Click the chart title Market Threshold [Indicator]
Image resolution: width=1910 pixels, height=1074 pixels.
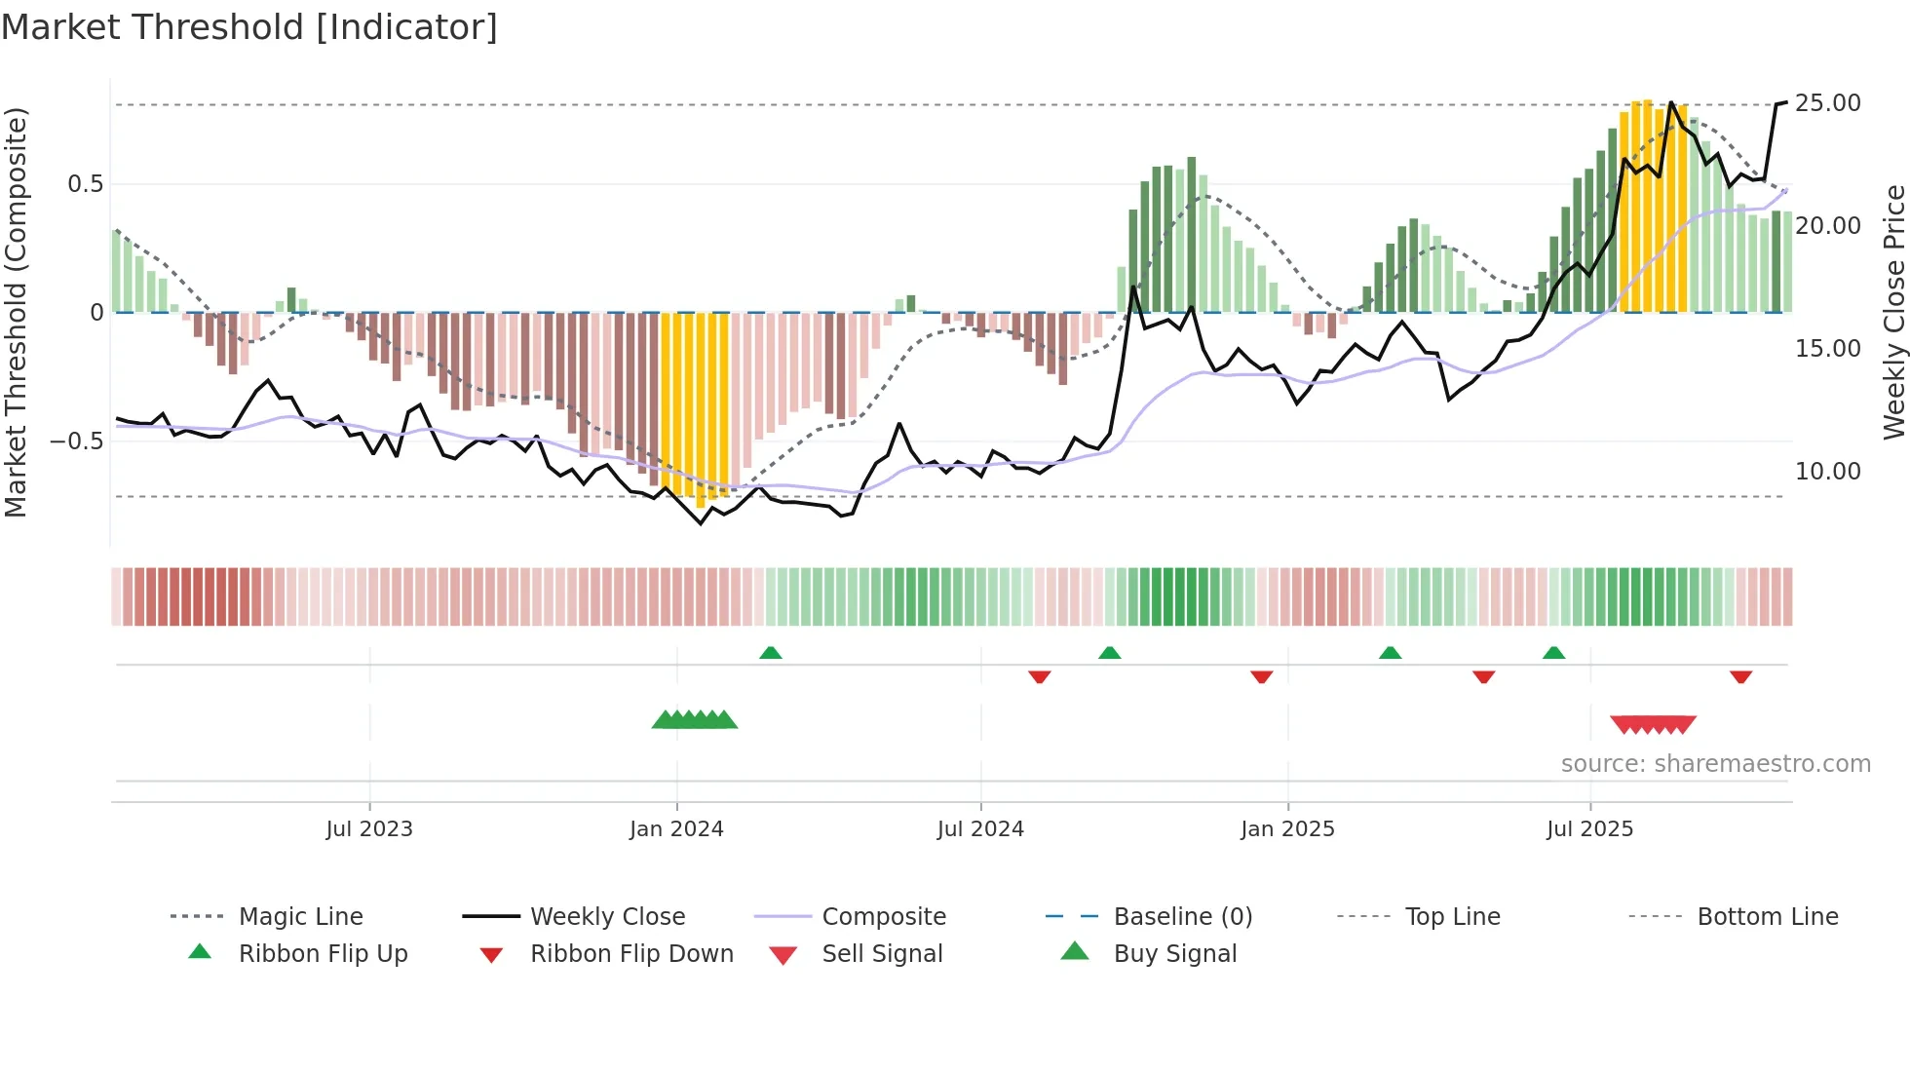(x=249, y=27)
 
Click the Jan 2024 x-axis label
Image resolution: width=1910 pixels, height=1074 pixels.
(x=676, y=829)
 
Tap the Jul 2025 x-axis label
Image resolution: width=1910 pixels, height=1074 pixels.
(x=1589, y=829)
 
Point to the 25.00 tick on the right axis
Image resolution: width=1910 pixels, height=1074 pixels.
(x=1827, y=103)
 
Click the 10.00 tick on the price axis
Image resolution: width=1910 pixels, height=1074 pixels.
(x=1827, y=472)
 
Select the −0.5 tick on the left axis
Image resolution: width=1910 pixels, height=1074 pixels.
(x=77, y=441)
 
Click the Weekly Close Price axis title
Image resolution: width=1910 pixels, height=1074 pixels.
(x=1893, y=312)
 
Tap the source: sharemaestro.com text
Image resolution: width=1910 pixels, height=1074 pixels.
(x=1715, y=764)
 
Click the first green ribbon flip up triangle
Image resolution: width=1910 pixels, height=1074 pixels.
(x=771, y=653)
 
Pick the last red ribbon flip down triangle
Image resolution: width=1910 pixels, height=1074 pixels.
(x=1740, y=676)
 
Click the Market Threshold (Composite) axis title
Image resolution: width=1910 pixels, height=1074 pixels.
(x=16, y=312)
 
